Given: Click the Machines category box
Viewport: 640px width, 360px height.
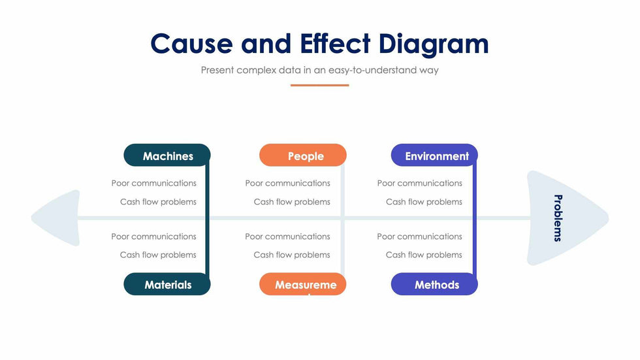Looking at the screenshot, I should click(x=167, y=155).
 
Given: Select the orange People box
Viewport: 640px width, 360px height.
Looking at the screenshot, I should click(x=303, y=155).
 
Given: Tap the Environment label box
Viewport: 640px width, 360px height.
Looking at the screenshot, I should click(x=435, y=155).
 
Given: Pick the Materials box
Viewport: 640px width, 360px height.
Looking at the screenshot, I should click(x=167, y=284).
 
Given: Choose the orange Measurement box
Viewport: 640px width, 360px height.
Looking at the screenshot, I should click(x=303, y=284).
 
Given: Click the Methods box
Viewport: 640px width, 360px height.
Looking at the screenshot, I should click(x=435, y=284).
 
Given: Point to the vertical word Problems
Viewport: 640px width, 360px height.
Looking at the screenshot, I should click(x=557, y=218).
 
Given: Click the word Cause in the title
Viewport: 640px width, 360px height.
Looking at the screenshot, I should click(x=191, y=44).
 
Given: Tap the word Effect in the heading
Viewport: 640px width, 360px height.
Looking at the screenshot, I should click(x=335, y=44).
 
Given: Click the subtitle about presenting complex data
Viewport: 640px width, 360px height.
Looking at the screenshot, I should click(x=319, y=70).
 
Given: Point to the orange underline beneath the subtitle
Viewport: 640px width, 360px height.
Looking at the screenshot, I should click(x=319, y=85).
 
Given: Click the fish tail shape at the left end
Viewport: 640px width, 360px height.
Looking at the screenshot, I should click(x=57, y=218).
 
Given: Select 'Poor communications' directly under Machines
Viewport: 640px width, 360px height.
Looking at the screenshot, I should click(x=153, y=183).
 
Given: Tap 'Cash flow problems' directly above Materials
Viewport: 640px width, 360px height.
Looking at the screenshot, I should click(x=158, y=255).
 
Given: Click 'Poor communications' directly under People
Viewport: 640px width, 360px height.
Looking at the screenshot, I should click(x=287, y=183).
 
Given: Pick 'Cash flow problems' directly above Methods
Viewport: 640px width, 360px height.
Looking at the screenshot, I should click(x=424, y=255).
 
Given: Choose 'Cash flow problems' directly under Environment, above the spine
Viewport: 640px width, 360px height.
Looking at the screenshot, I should click(x=424, y=202).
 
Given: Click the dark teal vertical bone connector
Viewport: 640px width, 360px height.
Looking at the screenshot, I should click(x=208, y=219).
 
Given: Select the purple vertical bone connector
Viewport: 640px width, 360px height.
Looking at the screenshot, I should click(x=475, y=219).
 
